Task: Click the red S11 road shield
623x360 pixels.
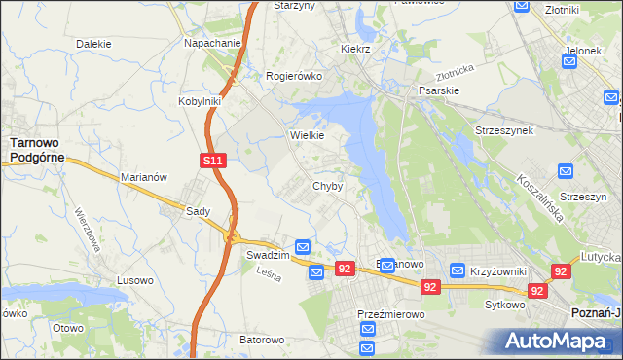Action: click(x=215, y=161)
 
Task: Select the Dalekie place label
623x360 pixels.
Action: click(x=93, y=44)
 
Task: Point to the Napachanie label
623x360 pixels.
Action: click(x=212, y=44)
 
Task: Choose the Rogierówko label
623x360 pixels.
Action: click(x=294, y=75)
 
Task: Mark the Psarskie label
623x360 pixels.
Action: click(x=439, y=90)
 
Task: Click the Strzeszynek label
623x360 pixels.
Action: click(x=503, y=129)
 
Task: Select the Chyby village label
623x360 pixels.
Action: click(x=327, y=186)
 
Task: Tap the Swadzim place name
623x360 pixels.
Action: click(x=267, y=254)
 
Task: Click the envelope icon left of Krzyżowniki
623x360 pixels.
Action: click(x=457, y=270)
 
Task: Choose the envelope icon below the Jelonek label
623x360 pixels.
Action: click(x=569, y=63)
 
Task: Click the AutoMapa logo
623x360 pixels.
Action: click(x=562, y=342)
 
